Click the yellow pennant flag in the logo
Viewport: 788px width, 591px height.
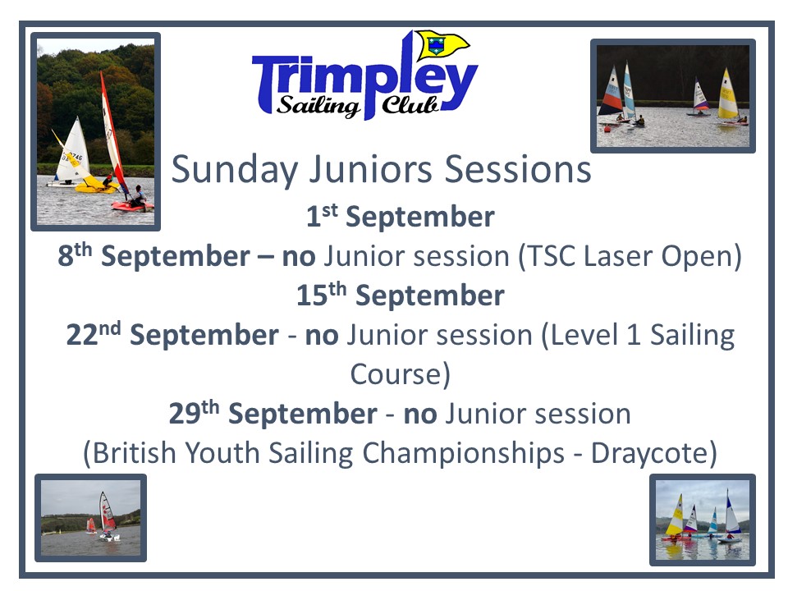(442, 44)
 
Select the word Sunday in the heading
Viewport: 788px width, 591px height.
(235, 171)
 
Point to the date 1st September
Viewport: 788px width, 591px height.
(401, 217)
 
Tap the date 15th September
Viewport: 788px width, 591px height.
(400, 295)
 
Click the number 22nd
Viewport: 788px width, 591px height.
(94, 334)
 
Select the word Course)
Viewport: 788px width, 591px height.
(400, 374)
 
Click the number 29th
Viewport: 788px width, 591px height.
(194, 413)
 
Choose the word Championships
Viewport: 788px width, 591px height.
(463, 453)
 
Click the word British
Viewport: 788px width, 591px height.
(133, 453)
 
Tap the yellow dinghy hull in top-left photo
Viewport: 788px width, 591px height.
(95, 186)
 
